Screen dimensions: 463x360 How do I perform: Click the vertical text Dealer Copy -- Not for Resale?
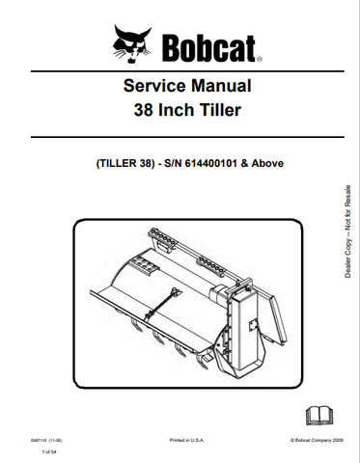coord(347,232)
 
